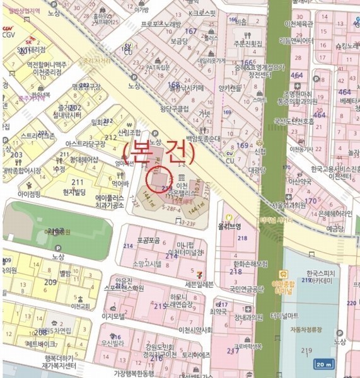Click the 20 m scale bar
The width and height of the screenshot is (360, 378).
point(324,365)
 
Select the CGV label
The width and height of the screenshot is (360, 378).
point(9,36)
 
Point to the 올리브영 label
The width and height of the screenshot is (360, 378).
point(229,226)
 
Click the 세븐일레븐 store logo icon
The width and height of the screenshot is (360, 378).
point(199,274)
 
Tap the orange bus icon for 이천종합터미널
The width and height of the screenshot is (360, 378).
point(284,274)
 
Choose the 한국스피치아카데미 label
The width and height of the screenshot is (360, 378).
point(310,278)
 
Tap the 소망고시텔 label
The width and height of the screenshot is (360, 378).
point(149,263)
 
